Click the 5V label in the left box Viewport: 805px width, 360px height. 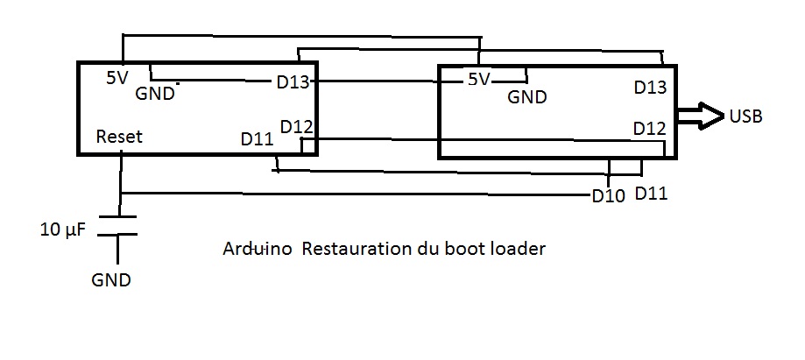[117, 77]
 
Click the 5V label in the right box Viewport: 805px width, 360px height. [478, 80]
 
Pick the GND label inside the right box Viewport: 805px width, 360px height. [527, 97]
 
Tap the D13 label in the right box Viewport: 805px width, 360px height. [651, 88]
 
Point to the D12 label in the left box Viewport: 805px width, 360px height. [296, 126]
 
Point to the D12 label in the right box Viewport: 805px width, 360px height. [651, 129]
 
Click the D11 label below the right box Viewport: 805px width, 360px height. [651, 193]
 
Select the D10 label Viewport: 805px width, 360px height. [608, 196]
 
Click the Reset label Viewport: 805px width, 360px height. [119, 137]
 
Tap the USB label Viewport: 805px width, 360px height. [745, 117]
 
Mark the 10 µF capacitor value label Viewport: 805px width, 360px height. [61, 231]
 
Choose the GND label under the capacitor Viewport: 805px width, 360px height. [110, 280]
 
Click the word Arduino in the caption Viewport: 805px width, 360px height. [258, 249]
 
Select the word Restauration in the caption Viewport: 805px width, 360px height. [356, 249]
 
